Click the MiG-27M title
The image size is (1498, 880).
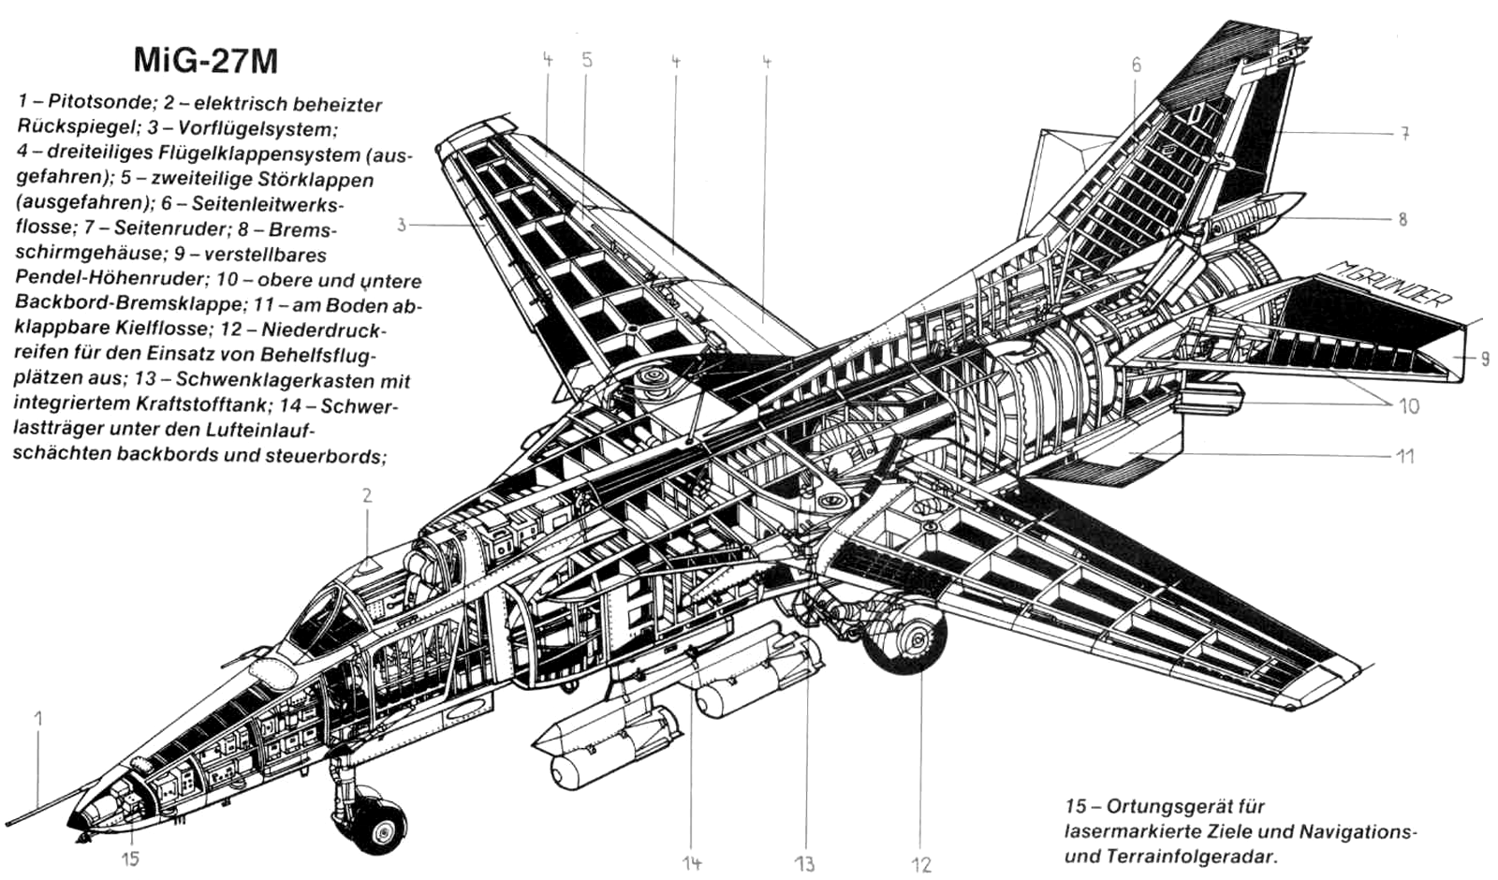pyautogui.click(x=205, y=61)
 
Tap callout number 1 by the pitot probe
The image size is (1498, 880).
pyautogui.click(x=38, y=719)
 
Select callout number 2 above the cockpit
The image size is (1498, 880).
pyautogui.click(x=366, y=495)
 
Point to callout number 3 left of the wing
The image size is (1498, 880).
pyautogui.click(x=402, y=225)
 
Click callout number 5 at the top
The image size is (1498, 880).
pyautogui.click(x=586, y=60)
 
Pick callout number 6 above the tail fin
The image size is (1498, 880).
pyautogui.click(x=1137, y=65)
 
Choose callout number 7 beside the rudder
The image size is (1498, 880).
pyautogui.click(x=1405, y=133)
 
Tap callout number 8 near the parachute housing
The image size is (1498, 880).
pyautogui.click(x=1403, y=219)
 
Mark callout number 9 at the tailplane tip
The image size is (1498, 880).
pyautogui.click(x=1485, y=359)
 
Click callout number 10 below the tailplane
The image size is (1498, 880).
pyautogui.click(x=1408, y=406)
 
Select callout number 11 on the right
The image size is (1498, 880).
pyautogui.click(x=1404, y=456)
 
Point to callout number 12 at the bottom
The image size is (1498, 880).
pyautogui.click(x=921, y=865)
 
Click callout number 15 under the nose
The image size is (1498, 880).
pyautogui.click(x=130, y=859)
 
